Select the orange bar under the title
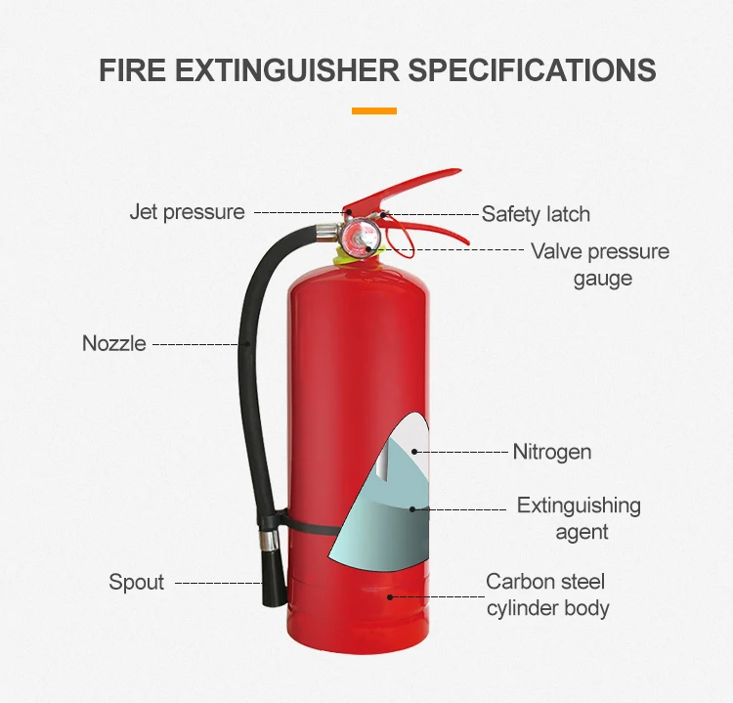pyautogui.click(x=374, y=111)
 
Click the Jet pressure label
pyautogui.click(x=187, y=212)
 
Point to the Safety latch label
pyautogui.click(x=536, y=214)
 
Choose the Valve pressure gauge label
pyautogui.click(x=600, y=265)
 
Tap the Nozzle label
pyautogui.click(x=113, y=343)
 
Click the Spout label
pyautogui.click(x=136, y=583)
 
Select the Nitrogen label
pyautogui.click(x=552, y=452)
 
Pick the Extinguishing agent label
pyautogui.click(x=579, y=518)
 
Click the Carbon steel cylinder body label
pyautogui.click(x=547, y=594)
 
